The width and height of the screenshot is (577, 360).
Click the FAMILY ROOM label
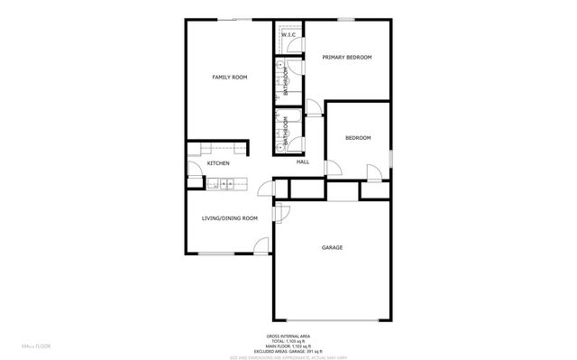pos(229,78)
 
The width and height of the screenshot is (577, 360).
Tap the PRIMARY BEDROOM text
pos(347,57)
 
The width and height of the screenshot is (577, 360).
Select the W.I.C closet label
pos(288,34)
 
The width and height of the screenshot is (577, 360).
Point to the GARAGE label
pos(333,246)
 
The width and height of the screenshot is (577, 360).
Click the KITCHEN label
pos(218,163)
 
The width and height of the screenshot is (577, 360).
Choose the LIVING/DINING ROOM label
pos(229,217)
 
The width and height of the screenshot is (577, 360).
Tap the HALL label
pos(303,162)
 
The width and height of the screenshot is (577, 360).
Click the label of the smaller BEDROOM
pos(358,137)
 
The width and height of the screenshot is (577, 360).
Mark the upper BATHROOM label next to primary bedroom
pos(287,82)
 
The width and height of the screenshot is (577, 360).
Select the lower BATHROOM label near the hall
pos(287,132)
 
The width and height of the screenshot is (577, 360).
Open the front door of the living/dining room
pos(261,245)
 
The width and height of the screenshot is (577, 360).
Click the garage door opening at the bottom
pos(332,321)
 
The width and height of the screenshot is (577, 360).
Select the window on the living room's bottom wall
pos(217,254)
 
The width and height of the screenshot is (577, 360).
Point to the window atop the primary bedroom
pos(345,19)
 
